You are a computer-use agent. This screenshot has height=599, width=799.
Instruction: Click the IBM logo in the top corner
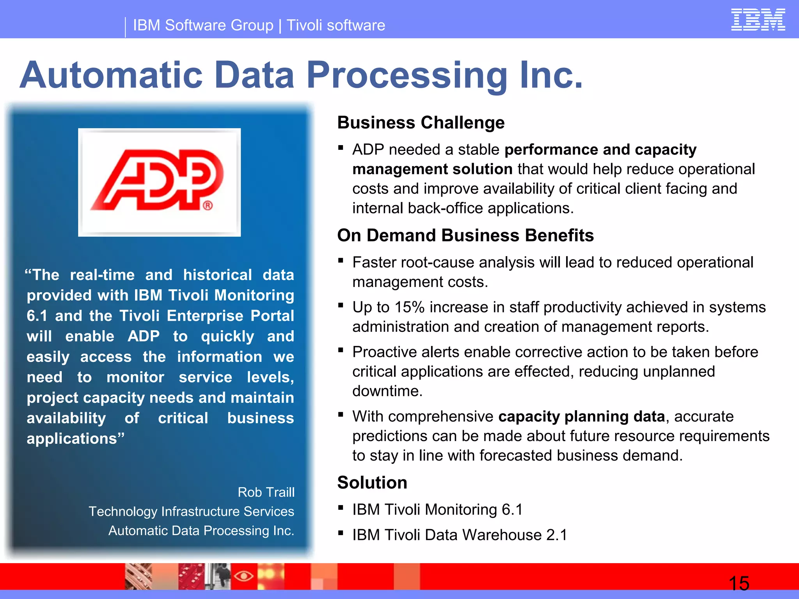758,19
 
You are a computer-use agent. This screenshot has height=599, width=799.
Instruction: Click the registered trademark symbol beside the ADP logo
208,205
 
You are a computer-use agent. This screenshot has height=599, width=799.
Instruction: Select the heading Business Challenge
421,123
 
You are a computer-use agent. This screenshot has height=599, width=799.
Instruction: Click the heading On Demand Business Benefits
465,236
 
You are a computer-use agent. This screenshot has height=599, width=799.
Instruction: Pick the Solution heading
372,483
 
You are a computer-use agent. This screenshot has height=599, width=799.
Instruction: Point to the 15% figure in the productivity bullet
409,307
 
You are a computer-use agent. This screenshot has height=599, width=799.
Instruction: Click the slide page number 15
739,583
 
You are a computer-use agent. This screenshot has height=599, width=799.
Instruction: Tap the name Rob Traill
266,492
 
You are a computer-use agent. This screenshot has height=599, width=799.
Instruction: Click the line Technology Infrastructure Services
191,511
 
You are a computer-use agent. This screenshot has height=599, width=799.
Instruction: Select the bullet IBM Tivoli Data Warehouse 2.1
460,535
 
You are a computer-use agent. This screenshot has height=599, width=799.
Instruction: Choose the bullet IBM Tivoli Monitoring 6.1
437,510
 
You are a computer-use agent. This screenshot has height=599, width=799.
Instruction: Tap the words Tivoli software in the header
336,25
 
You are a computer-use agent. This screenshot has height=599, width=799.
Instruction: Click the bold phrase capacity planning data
581,416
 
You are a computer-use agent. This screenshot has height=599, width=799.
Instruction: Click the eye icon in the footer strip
243,576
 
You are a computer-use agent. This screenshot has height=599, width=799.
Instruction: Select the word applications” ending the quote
75,439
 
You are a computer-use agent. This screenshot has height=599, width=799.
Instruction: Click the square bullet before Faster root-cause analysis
341,261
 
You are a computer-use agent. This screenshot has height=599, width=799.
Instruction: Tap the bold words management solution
432,169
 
